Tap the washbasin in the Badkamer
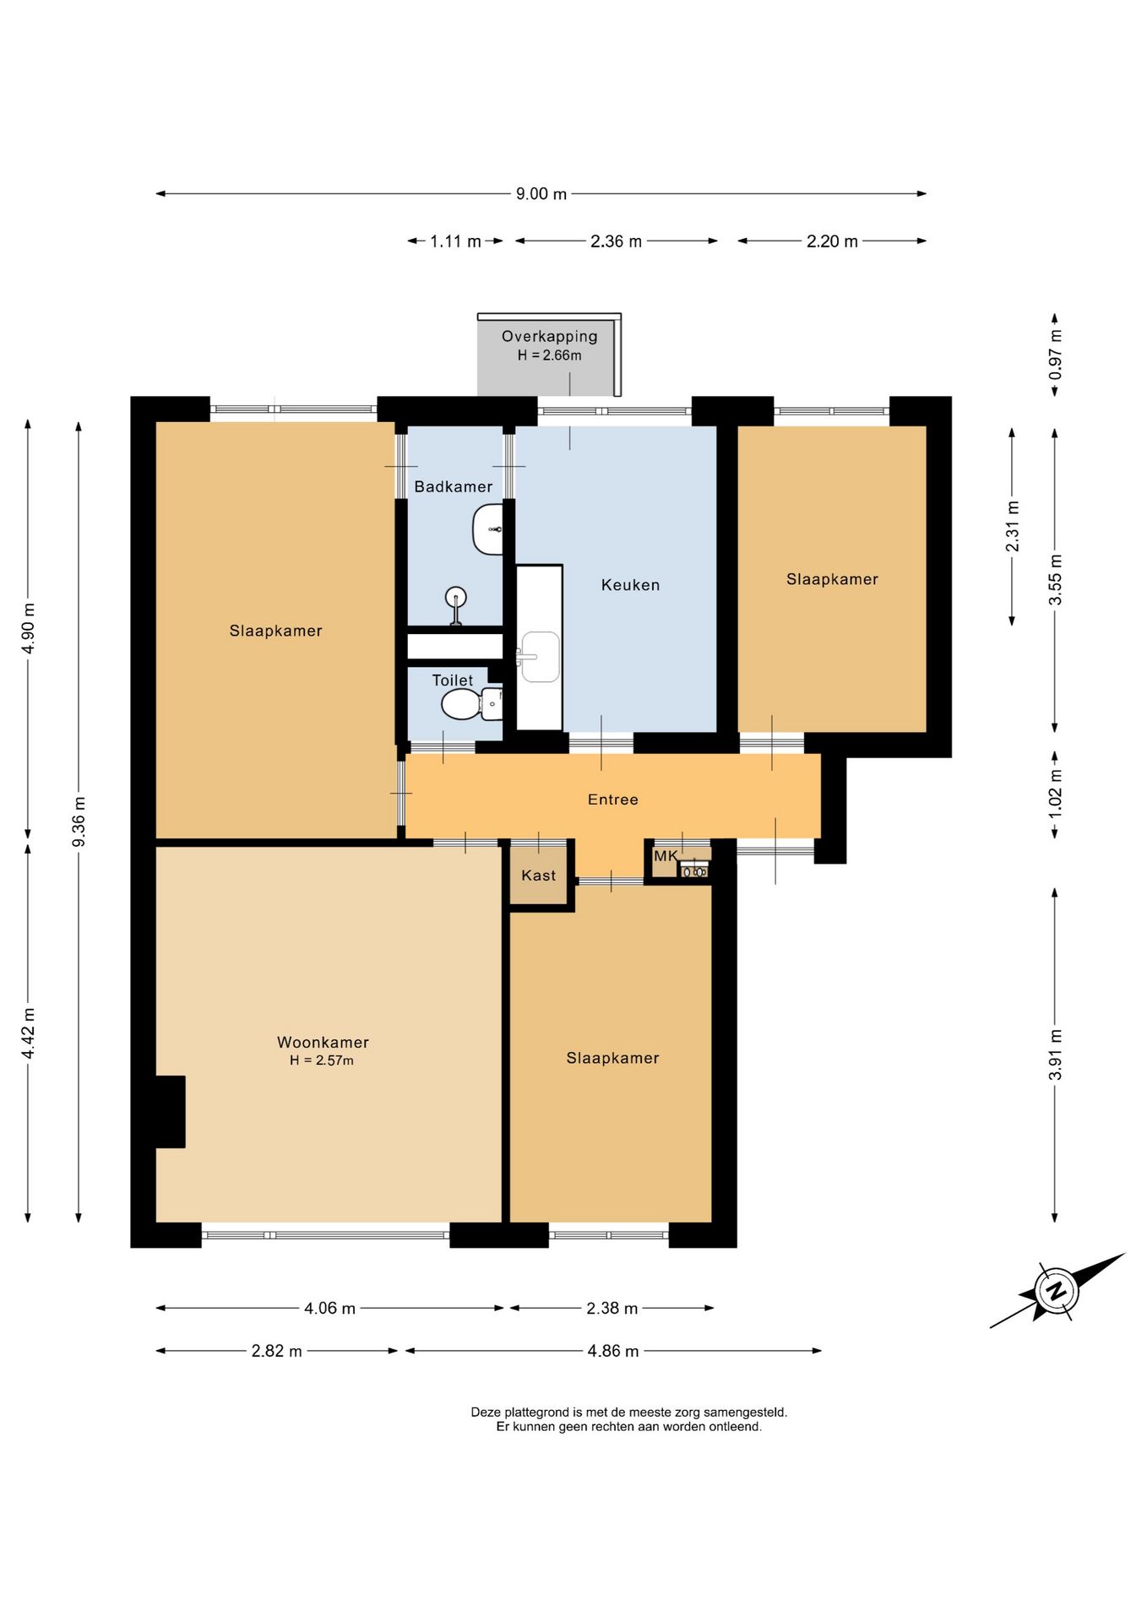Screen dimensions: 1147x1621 pos(488,529)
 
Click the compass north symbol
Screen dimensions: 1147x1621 pos(1055,1291)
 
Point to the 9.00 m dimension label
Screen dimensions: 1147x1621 pos(541,194)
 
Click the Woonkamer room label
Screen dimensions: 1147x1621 pos(323,1043)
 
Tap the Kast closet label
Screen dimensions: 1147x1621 pos(539,876)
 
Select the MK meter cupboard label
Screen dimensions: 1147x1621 pos(666,856)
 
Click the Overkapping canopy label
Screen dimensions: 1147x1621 pos(550,336)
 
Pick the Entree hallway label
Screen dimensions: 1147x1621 pos(613,800)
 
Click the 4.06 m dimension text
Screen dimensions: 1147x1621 pos(329,1309)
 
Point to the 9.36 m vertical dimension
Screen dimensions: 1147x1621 pos(79,821)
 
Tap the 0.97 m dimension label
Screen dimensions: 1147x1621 pos(1055,355)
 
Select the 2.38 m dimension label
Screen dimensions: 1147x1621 pos(612,1309)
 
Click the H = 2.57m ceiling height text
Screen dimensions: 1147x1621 pos(322,1061)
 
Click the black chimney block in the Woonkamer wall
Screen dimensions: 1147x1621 pos(169,1112)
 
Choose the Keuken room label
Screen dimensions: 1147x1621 pos(630,585)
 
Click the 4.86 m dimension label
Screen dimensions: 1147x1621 pos(613,1351)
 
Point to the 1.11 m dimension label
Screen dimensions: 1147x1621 pos(455,241)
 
